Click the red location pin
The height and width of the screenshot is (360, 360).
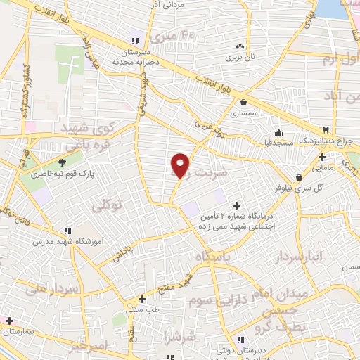[x=181, y=165]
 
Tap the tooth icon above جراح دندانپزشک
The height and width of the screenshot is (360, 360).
[x=325, y=131]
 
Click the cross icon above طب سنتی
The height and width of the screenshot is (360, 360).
[x=143, y=298]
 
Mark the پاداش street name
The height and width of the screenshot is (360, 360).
[x=122, y=254]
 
